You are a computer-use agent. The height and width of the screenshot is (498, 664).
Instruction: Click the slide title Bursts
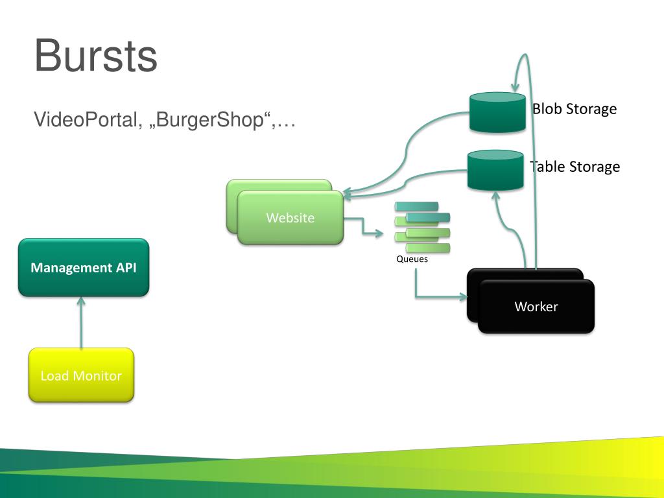tap(96, 56)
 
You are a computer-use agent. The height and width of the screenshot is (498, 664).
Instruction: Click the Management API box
tap(84, 267)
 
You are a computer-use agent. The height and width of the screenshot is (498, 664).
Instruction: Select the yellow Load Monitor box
tap(81, 375)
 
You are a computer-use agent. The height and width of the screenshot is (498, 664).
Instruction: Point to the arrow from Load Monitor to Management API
tap(81, 322)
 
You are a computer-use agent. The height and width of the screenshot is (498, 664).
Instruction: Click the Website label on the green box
tap(290, 218)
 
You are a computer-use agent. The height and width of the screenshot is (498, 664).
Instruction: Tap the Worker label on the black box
tap(536, 307)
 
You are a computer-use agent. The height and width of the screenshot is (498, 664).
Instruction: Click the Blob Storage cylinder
tap(497, 112)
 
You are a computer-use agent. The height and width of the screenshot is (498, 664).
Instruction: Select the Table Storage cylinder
tap(495, 170)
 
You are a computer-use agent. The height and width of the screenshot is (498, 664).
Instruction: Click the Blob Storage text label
tap(575, 109)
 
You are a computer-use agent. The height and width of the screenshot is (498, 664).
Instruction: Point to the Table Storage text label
tap(575, 167)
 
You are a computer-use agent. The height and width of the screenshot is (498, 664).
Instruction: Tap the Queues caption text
tap(412, 259)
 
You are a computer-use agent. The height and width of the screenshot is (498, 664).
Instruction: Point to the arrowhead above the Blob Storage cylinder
tap(514, 88)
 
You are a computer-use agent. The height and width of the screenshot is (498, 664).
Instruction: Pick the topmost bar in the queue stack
tap(416, 206)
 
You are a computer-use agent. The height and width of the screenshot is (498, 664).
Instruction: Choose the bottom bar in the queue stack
tap(428, 248)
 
